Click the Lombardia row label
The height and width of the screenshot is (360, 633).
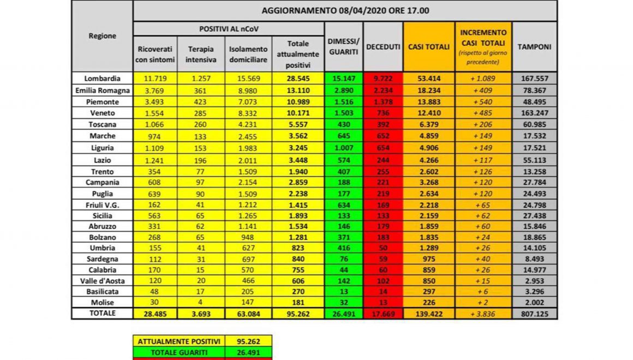102,78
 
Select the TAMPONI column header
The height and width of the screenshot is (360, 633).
534,47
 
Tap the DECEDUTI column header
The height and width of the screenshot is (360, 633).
383,47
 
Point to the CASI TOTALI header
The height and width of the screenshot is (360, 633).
429,47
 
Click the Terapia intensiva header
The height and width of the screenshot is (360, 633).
201,53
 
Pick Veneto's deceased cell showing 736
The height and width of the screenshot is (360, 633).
383,112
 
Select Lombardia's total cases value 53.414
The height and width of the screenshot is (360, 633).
429,78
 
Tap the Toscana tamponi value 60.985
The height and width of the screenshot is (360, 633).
534,124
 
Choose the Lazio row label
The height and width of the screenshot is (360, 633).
102,159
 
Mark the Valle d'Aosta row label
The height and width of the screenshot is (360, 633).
102,280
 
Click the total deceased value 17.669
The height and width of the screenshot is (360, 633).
383,314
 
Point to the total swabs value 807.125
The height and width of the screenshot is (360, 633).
534,314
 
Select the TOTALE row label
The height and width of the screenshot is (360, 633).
102,314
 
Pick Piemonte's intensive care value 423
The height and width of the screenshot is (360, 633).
201,101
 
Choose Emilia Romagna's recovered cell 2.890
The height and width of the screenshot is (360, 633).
344,90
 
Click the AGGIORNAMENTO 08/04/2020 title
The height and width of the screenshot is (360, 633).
345,10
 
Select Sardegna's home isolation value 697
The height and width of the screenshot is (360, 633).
248,258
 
